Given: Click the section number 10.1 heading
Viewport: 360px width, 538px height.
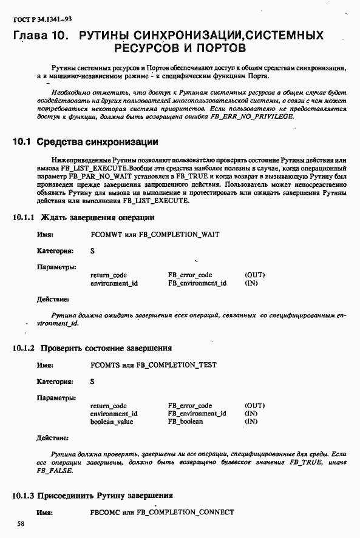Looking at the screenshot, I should [22, 143].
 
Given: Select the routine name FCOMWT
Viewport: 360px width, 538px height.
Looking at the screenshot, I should [104, 234].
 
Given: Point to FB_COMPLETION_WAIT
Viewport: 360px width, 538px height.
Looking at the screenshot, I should [179, 234].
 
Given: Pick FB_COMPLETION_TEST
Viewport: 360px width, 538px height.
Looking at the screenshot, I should [178, 365].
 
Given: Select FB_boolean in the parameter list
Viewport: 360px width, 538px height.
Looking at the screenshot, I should [186, 422].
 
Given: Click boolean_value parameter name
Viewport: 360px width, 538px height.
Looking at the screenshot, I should [112, 422].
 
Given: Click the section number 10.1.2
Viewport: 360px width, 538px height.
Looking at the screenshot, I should [24, 348].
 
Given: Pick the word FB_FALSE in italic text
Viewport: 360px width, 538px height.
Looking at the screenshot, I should [55, 471].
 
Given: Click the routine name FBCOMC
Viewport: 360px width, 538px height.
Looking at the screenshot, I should [104, 513].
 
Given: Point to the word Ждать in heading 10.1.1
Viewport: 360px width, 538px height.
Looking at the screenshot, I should [53, 217].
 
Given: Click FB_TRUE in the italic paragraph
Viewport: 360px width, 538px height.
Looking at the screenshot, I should [305, 462].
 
